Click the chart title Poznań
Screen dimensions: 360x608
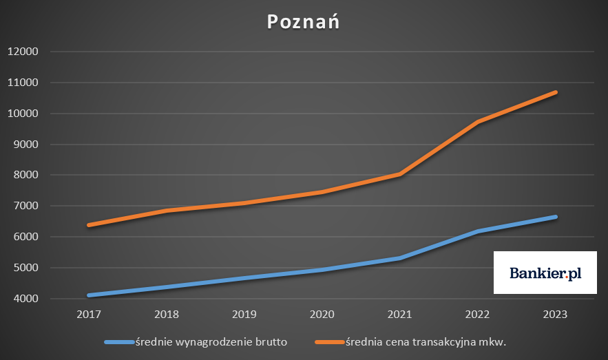(303, 21)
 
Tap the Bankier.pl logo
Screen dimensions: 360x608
(545, 273)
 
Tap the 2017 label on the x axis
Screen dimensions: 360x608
(90, 314)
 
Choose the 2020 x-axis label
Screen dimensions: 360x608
(322, 314)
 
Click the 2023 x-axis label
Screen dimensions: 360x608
(555, 314)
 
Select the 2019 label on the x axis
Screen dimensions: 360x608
(244, 314)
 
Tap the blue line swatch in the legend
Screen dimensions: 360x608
(118, 341)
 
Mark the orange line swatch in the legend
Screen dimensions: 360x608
(328, 341)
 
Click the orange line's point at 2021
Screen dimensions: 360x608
(400, 174)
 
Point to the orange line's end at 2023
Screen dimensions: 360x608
(555, 92)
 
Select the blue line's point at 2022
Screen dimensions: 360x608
(477, 232)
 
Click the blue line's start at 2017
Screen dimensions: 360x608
(90, 295)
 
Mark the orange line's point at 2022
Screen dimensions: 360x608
(477, 122)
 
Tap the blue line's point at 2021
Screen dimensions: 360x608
(400, 258)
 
